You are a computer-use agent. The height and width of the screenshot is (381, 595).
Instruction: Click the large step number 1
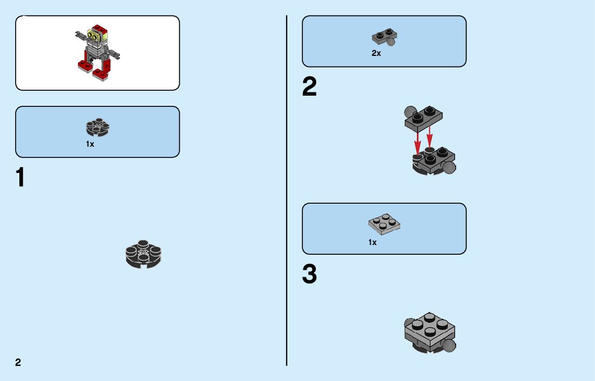click(x=20, y=178)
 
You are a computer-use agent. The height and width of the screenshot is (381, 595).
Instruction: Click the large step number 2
click(x=309, y=88)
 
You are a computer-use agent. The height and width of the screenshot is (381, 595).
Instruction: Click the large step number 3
click(x=309, y=275)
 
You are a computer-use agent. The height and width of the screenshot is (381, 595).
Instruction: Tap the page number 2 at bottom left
click(x=18, y=362)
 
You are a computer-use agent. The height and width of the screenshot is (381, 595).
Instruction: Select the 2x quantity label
click(x=376, y=53)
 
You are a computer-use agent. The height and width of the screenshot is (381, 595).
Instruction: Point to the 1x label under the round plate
click(x=90, y=144)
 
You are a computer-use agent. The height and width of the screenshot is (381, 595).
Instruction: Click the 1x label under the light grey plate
click(x=372, y=242)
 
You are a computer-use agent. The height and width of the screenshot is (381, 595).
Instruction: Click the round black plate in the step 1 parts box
click(x=97, y=127)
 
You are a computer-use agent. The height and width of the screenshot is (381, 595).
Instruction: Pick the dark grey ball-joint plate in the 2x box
click(x=384, y=37)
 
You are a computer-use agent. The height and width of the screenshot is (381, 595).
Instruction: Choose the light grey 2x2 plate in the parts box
click(x=384, y=224)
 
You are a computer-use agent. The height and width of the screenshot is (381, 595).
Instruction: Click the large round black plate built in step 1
click(x=143, y=254)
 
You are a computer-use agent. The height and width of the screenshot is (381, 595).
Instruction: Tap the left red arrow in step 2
click(x=417, y=142)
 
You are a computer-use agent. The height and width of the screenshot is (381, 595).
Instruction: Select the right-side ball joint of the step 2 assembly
click(x=449, y=168)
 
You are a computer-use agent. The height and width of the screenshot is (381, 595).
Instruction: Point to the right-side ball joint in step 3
click(x=449, y=346)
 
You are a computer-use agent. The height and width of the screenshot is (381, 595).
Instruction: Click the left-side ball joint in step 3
click(x=410, y=324)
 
